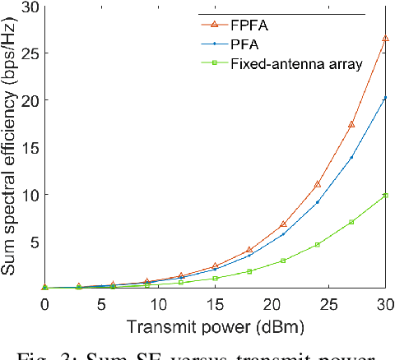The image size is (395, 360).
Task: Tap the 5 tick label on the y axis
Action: click(x=34, y=242)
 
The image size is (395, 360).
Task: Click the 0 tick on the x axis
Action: click(x=44, y=304)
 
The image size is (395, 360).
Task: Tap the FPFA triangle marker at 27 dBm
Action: click(x=351, y=124)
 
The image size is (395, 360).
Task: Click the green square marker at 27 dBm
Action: click(x=351, y=222)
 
